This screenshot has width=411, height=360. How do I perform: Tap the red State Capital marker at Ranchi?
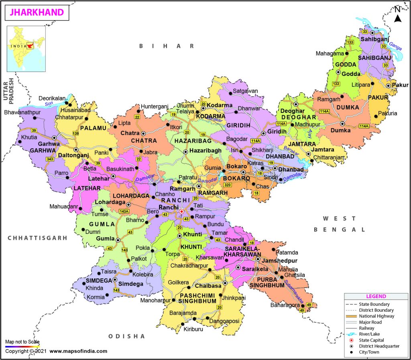pyautogui.click(x=181, y=211)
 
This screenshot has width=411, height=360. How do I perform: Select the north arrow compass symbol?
pyautogui.click(x=397, y=16)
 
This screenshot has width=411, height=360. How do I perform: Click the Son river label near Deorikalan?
pyautogui.click(x=49, y=104)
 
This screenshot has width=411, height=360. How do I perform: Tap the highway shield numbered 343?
pyautogui.click(x=51, y=159)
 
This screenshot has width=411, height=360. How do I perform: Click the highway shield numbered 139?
pyautogui.click(x=76, y=133)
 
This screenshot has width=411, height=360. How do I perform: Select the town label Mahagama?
pyautogui.click(x=330, y=53)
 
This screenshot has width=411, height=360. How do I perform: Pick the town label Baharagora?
pyautogui.click(x=284, y=305)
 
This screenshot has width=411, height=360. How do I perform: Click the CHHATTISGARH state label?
pyautogui.click(x=37, y=238)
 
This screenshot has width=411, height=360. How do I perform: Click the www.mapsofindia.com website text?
pyautogui.click(x=78, y=351)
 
